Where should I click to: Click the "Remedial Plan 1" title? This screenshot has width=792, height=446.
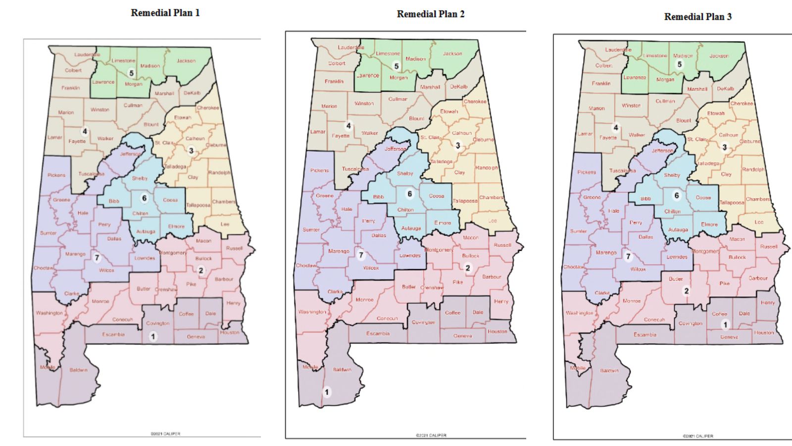pyautogui.click(x=165, y=13)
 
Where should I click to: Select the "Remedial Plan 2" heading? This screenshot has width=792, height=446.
pyautogui.click(x=430, y=14)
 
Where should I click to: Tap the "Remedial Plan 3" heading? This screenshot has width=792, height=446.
pyautogui.click(x=697, y=16)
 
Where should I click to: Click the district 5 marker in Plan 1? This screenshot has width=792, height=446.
pyautogui.click(x=131, y=73)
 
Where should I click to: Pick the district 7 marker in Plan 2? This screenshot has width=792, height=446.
pyautogui.click(x=361, y=255)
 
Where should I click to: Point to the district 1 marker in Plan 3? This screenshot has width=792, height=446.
pyautogui.click(x=726, y=325)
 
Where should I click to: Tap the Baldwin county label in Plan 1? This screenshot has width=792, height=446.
pyautogui.click(x=78, y=370)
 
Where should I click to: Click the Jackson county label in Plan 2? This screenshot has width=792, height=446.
pyautogui.click(x=452, y=54)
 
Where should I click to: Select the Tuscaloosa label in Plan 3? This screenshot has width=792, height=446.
pyautogui.click(x=622, y=170)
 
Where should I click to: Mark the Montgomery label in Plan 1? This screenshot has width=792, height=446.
pyautogui.click(x=173, y=253)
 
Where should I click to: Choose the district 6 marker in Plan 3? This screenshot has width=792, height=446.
pyautogui.click(x=677, y=195)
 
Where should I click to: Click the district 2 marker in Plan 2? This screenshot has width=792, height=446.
pyautogui.click(x=468, y=268)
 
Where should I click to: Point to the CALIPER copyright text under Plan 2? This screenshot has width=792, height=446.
pyautogui.click(x=431, y=436)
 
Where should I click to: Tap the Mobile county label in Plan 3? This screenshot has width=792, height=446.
pyautogui.click(x=577, y=368)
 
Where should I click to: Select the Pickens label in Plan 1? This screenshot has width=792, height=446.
pyautogui.click(x=56, y=175)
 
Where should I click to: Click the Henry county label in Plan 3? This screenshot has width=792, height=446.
pyautogui.click(x=767, y=303)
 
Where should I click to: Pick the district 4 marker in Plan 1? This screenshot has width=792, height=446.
pyautogui.click(x=85, y=131)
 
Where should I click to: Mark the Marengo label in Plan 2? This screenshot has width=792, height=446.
pyautogui.click(x=339, y=251)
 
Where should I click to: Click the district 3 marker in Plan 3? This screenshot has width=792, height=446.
pyautogui.click(x=725, y=147)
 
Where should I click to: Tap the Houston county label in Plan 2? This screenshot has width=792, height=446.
pyautogui.click(x=497, y=332)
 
